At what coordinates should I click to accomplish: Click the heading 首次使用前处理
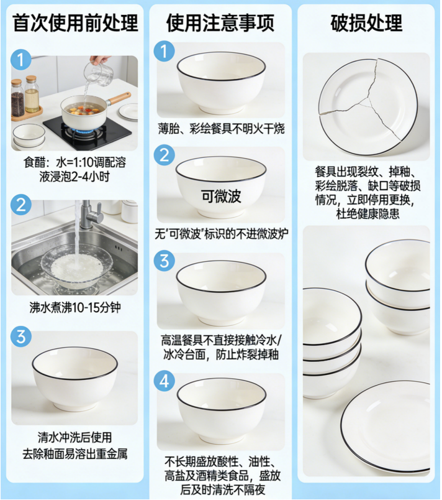[75, 23]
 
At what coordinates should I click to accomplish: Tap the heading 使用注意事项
[220, 23]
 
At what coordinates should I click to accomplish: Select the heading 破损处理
[366, 23]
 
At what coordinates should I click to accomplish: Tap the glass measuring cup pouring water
[99, 73]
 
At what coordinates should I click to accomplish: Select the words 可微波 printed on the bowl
[221, 196]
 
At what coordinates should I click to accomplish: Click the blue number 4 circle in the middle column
[165, 381]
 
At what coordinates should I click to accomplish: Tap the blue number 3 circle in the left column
[21, 336]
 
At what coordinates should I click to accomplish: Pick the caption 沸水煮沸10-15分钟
[75, 308]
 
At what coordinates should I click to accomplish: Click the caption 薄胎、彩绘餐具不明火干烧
[221, 129]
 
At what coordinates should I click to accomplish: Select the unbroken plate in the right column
[386, 427]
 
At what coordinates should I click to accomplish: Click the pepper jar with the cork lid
[17, 97]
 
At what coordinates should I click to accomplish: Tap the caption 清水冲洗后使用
[74, 437]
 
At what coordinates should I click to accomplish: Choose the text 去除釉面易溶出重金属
[74, 454]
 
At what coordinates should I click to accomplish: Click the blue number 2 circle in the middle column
[165, 155]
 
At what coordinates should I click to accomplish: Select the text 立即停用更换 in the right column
[380, 200]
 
